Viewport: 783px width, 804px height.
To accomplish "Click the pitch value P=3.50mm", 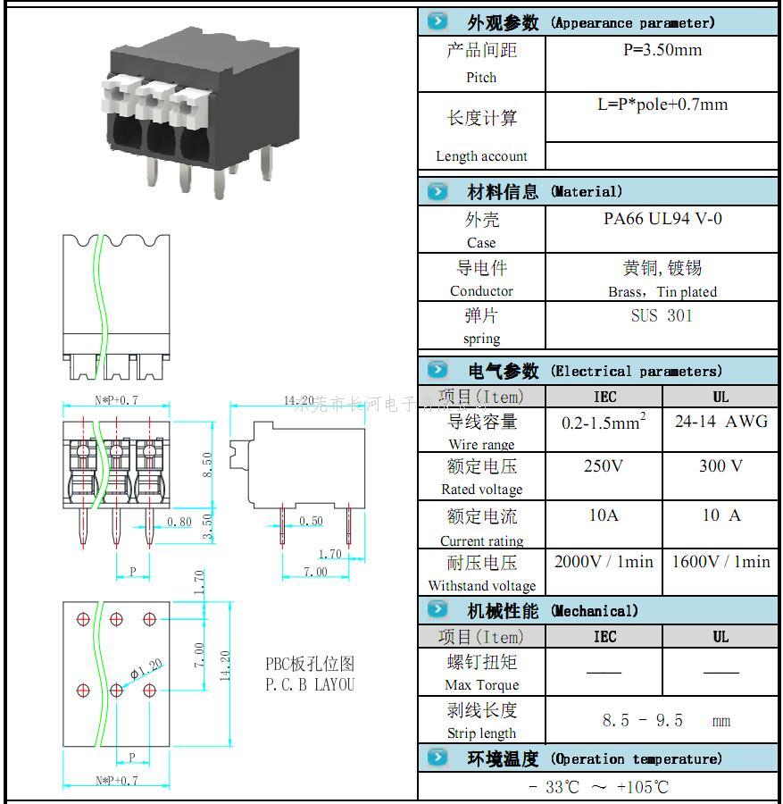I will (x=662, y=50).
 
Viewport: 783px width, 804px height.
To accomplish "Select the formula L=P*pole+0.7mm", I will (x=662, y=105).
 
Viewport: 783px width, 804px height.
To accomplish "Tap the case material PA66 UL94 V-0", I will (x=662, y=219).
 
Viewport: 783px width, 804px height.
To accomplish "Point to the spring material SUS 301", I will (x=662, y=315).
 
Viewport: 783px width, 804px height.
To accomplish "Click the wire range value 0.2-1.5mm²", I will (x=604, y=422).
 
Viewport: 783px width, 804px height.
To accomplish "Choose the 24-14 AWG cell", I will (x=721, y=421).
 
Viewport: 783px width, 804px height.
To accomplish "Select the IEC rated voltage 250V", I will (x=604, y=466).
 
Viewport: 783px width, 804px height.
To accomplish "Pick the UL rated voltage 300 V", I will (x=721, y=466).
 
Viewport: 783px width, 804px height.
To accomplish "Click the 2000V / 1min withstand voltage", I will (x=604, y=562).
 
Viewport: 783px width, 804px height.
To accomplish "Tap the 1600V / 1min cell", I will (x=721, y=562).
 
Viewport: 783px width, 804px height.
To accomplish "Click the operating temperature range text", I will (x=598, y=787).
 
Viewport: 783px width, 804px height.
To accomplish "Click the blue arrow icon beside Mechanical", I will (x=437, y=610).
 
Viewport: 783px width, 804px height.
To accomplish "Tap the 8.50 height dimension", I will (x=207, y=465).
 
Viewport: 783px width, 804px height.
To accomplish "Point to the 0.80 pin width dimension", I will (x=179, y=522).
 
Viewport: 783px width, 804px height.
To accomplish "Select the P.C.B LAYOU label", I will (x=309, y=685).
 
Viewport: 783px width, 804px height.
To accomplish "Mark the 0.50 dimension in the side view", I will (x=311, y=522).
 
